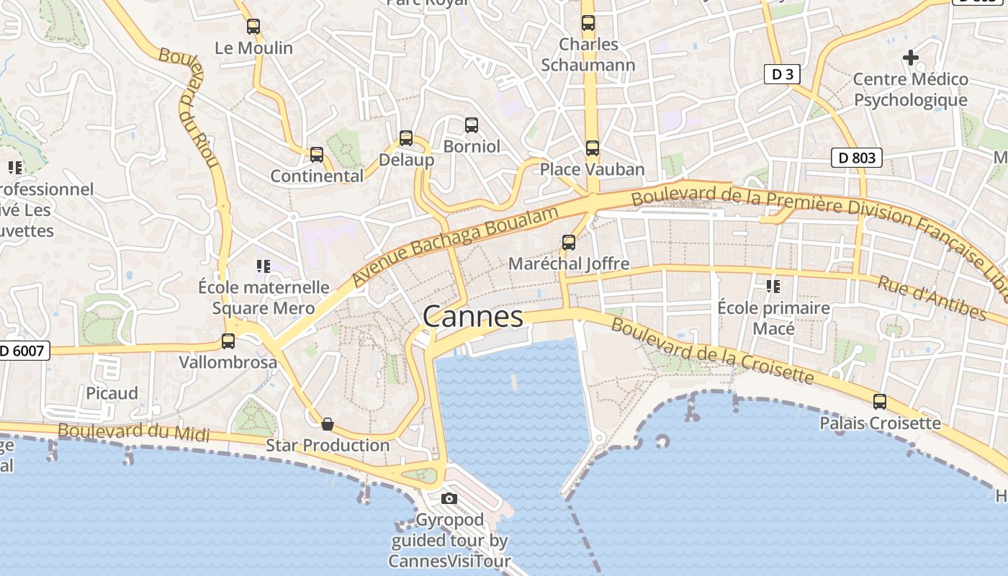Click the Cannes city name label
(x=473, y=317)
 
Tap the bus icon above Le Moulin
(x=253, y=27)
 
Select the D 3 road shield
(x=782, y=74)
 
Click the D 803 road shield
(x=857, y=158)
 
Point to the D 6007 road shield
(x=23, y=351)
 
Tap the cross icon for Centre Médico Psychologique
(x=911, y=58)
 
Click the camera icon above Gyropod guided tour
(x=449, y=498)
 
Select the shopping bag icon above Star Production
(x=328, y=424)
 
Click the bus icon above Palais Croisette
(x=880, y=402)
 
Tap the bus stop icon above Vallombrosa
(x=228, y=341)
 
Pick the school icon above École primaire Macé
(x=773, y=287)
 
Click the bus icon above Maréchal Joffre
(x=569, y=243)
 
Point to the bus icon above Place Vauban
(x=593, y=148)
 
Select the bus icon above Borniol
(x=472, y=125)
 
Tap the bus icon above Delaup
(x=406, y=138)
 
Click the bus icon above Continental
(x=317, y=155)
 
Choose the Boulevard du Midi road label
(x=134, y=432)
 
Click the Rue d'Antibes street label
(x=932, y=297)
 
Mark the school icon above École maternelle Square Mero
(x=264, y=266)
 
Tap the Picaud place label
(x=112, y=393)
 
